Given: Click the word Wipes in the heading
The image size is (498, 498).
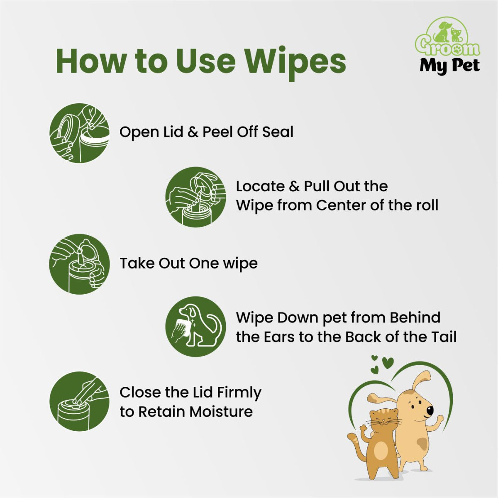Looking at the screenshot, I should point(295,61).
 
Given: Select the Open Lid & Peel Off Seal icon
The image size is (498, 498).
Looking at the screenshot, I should point(79,133).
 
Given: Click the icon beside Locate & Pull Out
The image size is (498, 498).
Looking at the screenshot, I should point(195,197).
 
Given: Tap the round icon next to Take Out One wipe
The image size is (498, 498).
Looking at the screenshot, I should point(79,264).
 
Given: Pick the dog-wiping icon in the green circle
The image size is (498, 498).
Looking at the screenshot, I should point(195,327).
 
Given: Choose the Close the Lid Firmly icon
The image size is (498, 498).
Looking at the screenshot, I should point(79,401).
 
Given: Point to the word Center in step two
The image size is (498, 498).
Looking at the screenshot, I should point(341,205).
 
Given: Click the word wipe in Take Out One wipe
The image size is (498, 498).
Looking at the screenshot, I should point(240,264).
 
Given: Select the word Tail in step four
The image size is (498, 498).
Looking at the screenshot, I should point(443,337).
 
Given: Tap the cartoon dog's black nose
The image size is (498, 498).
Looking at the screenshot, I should point(430,410).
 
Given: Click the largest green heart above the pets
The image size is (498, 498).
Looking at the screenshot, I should point(388,363).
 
